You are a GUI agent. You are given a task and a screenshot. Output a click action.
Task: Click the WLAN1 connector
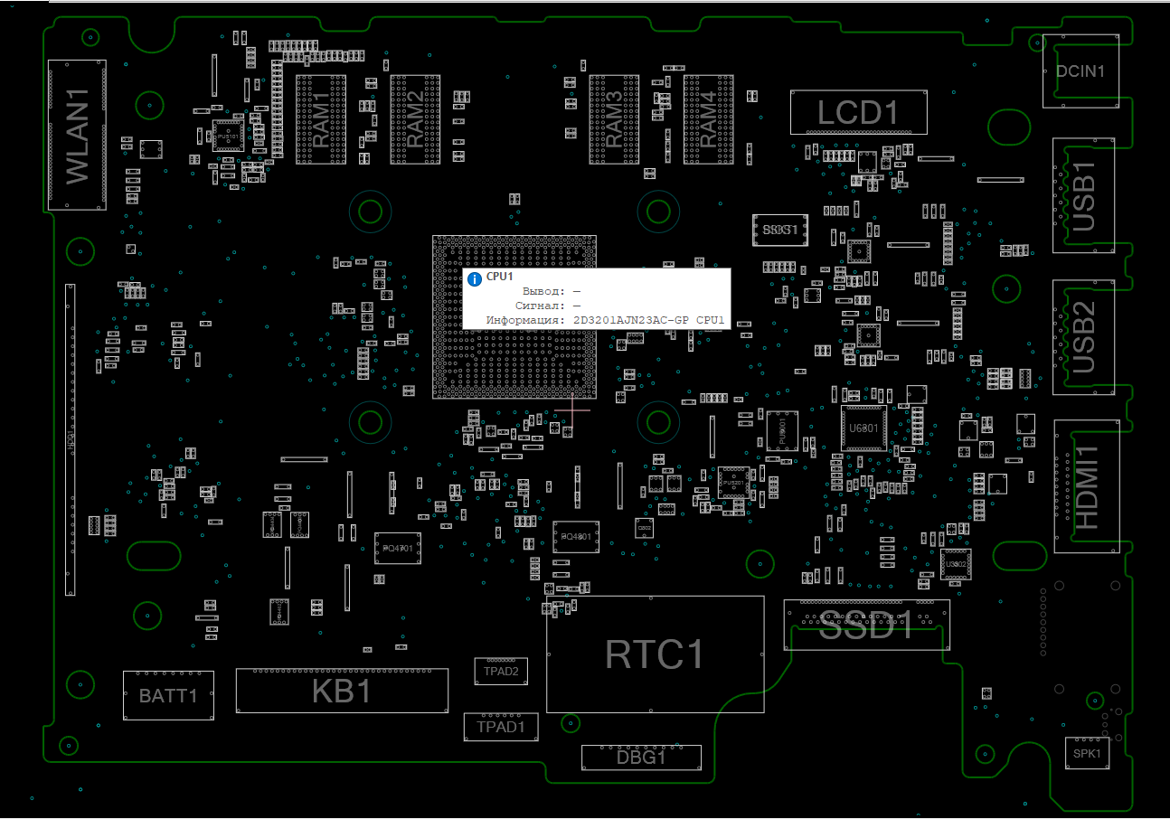[x=77, y=136]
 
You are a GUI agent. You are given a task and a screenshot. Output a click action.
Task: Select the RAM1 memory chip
[x=321, y=119]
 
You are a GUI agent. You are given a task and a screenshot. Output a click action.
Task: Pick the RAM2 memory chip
[x=415, y=119]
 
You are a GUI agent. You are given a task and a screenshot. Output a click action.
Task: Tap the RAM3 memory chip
[x=613, y=119]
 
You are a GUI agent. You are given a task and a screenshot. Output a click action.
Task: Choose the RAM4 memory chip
[x=708, y=119]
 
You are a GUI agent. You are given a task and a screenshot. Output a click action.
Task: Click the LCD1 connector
[x=858, y=113]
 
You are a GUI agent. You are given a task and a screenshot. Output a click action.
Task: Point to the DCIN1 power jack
[x=1080, y=71]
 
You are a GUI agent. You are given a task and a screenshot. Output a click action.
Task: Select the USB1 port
[x=1083, y=195]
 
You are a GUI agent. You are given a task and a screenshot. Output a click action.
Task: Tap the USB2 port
[x=1083, y=337]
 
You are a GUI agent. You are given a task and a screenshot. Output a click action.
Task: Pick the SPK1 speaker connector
[x=1086, y=753]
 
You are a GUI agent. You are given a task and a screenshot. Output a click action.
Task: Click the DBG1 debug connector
[x=641, y=758]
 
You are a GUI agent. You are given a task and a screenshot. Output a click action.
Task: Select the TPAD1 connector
[x=501, y=726]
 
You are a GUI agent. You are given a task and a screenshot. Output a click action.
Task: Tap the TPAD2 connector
[x=501, y=671]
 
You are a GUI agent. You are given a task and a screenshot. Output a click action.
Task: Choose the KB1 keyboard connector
[x=342, y=691]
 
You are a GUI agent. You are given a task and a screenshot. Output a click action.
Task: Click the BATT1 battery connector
[x=168, y=695]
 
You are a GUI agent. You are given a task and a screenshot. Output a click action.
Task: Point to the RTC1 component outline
[x=655, y=654]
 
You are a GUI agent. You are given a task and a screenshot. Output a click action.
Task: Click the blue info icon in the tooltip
[x=475, y=278]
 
